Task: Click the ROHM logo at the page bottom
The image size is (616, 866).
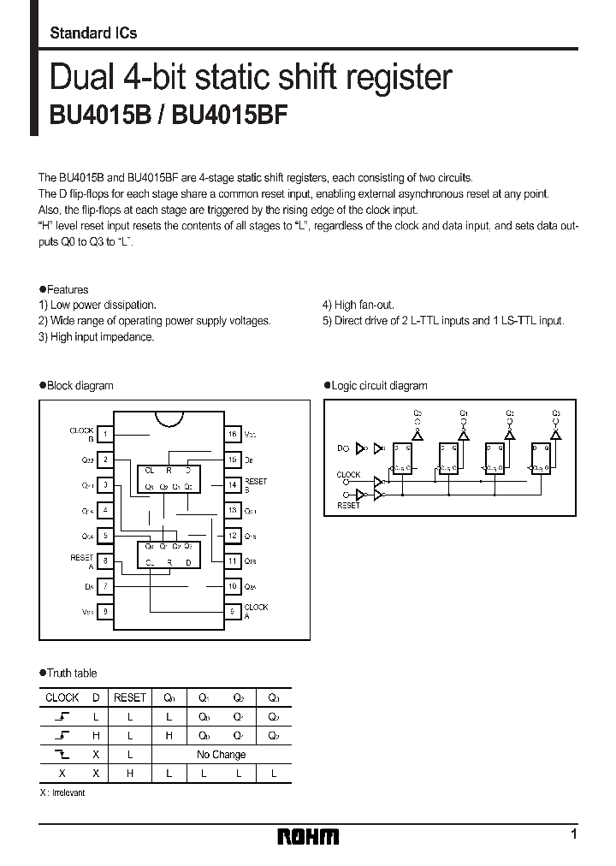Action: (x=308, y=836)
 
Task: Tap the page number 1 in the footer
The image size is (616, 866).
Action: (x=573, y=833)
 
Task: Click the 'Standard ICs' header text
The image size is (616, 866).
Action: (x=93, y=33)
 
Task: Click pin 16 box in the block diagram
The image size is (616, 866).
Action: (x=232, y=435)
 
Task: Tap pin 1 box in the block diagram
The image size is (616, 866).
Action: (x=105, y=435)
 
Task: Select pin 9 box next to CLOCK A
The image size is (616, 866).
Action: (x=232, y=611)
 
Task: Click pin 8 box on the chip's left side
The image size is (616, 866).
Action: (x=105, y=611)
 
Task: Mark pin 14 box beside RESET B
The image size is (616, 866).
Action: (x=232, y=485)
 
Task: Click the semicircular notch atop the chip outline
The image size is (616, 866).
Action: (x=169, y=418)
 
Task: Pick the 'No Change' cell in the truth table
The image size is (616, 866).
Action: (x=221, y=755)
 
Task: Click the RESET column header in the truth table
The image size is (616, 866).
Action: (x=130, y=697)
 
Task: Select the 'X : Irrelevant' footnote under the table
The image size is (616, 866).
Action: (x=62, y=793)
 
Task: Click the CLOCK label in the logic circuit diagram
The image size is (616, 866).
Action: (x=348, y=475)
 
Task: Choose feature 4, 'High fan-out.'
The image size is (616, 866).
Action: (x=358, y=305)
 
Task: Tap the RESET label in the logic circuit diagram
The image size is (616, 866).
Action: (x=348, y=506)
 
